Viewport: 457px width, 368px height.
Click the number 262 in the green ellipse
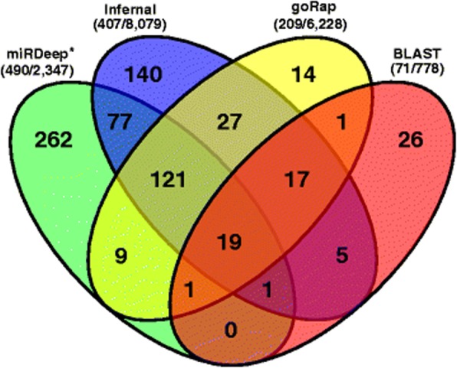pos(54,140)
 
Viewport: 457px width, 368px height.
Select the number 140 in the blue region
pos(143,74)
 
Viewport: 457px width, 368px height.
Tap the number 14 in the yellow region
pos(304,74)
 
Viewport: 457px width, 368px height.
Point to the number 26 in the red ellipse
pos(410,140)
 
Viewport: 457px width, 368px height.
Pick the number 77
pos(120,122)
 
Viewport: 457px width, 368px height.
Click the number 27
pos(229,122)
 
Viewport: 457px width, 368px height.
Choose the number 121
pos(169,179)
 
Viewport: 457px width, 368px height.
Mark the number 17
pos(297,179)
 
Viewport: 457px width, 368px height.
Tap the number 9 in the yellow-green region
pos(120,256)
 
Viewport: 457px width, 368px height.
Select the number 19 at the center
pos(230,242)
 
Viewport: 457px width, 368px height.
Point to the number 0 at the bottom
pos(231,331)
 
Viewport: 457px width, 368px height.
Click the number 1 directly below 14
pos(341,122)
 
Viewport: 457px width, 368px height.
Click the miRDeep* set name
pos(37,54)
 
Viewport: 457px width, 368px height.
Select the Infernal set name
pos(130,10)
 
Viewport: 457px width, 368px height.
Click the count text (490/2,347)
pos(37,70)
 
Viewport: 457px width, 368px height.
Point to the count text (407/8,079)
pos(130,24)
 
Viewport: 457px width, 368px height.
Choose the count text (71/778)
pos(417,70)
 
